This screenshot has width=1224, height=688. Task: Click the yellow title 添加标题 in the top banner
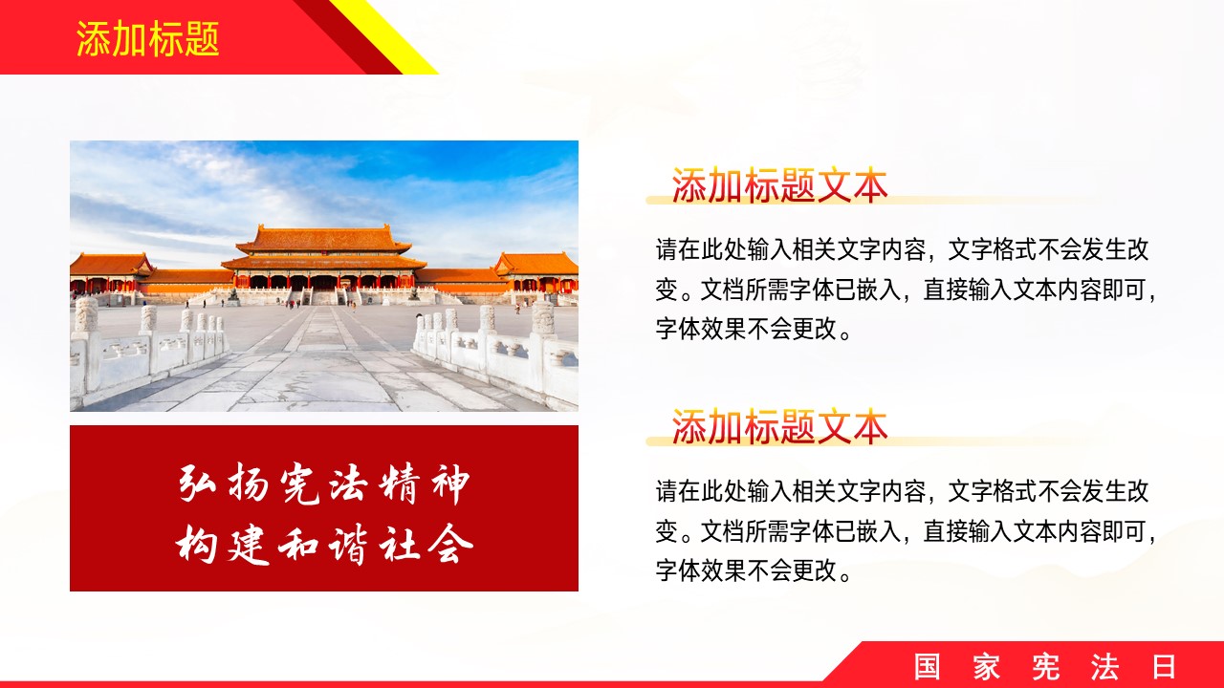pos(147,39)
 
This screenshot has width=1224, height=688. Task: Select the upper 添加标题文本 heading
pos(779,185)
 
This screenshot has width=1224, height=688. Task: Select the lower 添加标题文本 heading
pos(779,426)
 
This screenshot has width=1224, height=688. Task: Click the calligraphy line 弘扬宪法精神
pos(324,484)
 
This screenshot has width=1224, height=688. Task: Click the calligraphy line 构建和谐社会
pos(324,544)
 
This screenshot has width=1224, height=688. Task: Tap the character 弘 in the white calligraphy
pos(198,483)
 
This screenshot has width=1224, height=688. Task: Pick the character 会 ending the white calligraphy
pos(450,544)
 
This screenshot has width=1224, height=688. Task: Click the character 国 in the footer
pos(928,667)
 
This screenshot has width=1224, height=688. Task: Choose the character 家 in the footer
pos(986,667)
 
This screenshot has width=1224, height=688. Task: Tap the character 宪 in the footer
pos(1046,667)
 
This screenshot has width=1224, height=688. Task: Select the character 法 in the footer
pos(1104,667)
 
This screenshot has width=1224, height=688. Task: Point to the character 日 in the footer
pos(1164,667)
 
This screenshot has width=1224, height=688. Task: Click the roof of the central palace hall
pos(323,239)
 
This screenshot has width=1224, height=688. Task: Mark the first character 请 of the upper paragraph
pos(667,249)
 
